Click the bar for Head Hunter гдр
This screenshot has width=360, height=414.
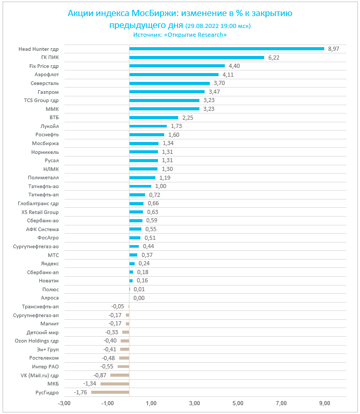point(226,49)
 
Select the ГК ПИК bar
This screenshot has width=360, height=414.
point(196,58)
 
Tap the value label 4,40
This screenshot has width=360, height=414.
point(234,66)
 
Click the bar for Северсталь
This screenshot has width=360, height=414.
point(169,83)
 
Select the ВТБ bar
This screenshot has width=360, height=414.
point(153,117)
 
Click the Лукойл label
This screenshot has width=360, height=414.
point(50,126)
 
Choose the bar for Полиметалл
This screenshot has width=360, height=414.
point(142,177)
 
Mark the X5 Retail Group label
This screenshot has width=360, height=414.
point(40,212)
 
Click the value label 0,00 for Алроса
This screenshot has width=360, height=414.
point(139,298)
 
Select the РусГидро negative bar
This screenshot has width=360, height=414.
point(110,392)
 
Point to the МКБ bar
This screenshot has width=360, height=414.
point(114,383)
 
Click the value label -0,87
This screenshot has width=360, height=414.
point(100,375)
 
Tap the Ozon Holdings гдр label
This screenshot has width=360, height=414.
point(37,340)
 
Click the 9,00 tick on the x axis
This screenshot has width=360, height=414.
point(325,403)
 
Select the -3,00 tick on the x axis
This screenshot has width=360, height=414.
point(64,403)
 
